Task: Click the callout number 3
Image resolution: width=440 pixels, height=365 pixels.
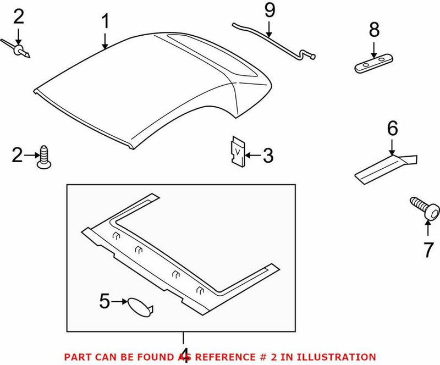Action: pos(267,156)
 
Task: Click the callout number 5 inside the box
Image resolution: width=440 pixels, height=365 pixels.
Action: pos(105,301)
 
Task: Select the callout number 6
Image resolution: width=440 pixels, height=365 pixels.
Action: pos(392,129)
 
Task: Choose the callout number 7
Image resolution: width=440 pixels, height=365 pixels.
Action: pos(428,250)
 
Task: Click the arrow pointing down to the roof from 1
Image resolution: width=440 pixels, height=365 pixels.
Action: pos(105,41)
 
